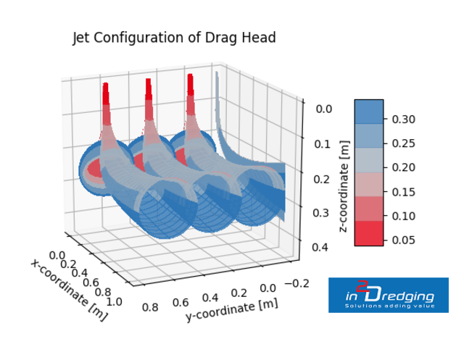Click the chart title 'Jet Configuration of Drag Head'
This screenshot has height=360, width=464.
[x=175, y=38]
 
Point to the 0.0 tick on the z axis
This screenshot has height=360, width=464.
[x=324, y=109]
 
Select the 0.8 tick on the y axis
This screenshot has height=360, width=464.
[x=151, y=307]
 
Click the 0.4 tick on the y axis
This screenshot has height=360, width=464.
[x=210, y=298]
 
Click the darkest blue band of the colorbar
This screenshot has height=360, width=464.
[x=369, y=111]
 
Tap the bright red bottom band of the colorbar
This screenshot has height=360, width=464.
[x=369, y=234]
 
